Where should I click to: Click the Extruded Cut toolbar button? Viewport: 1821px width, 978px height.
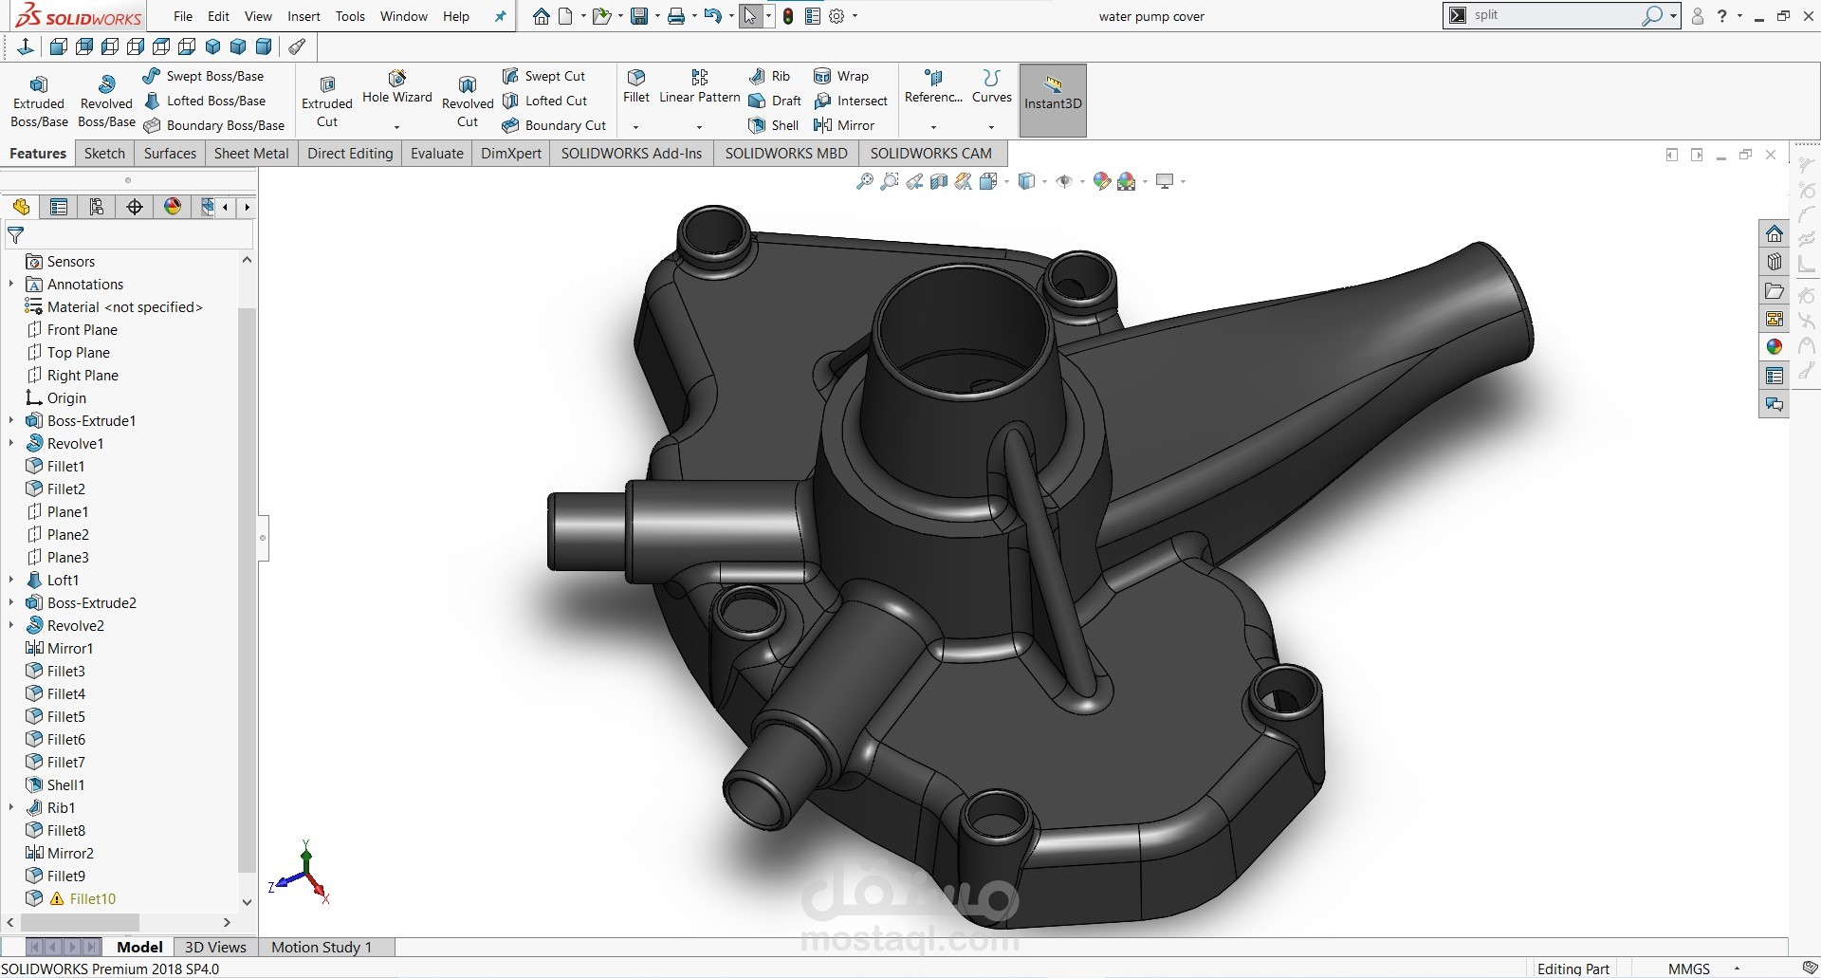(327, 100)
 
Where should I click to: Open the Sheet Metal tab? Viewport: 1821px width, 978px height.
(251, 153)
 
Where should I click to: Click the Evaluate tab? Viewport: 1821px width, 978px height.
(436, 153)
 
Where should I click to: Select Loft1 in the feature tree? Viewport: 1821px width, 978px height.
(63, 580)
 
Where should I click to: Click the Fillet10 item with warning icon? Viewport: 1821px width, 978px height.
(92, 898)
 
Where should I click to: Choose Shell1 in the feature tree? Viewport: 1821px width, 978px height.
(65, 784)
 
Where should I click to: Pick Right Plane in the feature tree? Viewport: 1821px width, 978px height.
(83, 375)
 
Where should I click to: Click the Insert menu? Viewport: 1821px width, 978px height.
(303, 16)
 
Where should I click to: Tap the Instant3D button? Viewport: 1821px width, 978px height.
(1052, 100)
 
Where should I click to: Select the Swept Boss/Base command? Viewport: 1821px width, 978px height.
(204, 76)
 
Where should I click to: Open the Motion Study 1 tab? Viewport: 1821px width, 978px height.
(322, 947)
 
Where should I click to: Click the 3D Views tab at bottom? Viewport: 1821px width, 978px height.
(215, 947)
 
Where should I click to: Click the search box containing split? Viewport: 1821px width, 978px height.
(1555, 15)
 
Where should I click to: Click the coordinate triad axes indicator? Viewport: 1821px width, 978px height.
(304, 874)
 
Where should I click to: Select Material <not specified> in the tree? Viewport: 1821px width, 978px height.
(124, 306)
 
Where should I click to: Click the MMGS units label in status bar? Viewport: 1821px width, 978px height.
(1688, 969)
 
